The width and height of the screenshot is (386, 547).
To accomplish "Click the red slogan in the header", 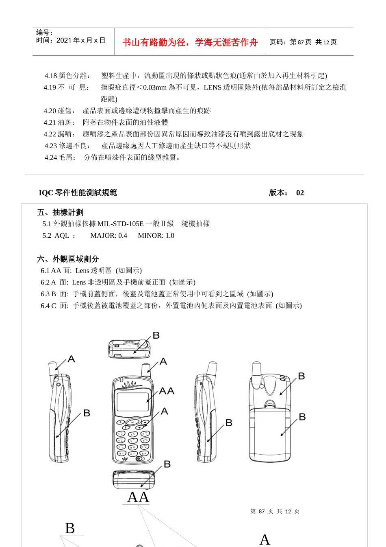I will point(190,42).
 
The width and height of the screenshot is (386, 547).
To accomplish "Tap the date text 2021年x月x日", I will point(81,40).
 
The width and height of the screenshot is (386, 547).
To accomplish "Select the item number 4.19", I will point(50,88).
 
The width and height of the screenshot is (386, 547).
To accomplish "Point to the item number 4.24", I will point(51,158).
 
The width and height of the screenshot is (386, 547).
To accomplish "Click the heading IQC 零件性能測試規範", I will point(78,193).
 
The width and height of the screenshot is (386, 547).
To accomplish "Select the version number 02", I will point(300,193).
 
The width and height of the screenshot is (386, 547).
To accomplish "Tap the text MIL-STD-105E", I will point(121,224).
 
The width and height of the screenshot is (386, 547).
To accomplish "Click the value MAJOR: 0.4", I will point(108,236).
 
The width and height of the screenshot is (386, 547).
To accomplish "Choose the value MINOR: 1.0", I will point(156,236).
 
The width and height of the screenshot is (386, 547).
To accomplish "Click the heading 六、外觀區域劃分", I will point(68,259).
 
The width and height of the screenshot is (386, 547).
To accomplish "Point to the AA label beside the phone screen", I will point(166,391).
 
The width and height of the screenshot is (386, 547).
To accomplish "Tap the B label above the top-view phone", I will point(156,335).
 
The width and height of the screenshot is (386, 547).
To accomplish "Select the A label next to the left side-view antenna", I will point(71,359).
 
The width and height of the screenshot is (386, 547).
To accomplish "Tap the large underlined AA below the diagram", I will point(138,497).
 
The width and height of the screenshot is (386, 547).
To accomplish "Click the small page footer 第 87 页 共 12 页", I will point(275,512).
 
